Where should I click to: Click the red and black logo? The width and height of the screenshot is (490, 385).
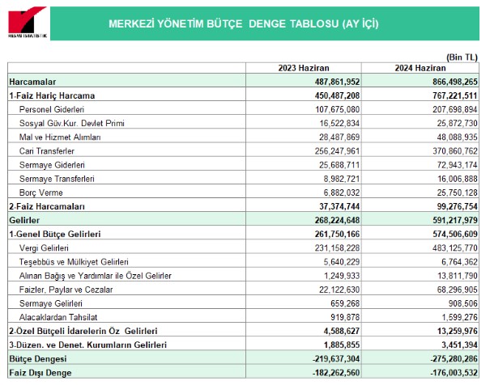coord(28,22)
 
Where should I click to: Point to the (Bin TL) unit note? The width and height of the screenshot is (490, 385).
coord(462,57)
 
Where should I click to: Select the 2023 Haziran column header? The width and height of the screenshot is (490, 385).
coord(304,68)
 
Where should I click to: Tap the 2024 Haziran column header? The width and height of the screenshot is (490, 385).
coord(420,68)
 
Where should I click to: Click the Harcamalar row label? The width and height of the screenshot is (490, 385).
coord(32,82)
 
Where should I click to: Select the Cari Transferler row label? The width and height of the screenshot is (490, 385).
coord(47,151)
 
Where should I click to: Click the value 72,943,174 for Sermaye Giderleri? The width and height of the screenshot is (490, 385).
coord(457,165)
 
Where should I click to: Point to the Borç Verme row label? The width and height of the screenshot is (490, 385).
coord(41,192)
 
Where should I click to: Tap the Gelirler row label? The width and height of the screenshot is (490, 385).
coord(24,220)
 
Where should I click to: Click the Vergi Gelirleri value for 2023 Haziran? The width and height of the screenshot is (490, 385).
coord(338,248)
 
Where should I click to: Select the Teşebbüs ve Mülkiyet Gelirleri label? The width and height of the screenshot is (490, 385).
coord(74,262)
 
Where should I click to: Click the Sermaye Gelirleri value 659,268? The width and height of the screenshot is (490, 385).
coord(345,303)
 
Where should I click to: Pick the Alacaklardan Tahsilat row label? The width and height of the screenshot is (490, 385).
coord(58,317)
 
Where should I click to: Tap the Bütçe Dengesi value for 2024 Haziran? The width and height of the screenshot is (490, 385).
coord(454,359)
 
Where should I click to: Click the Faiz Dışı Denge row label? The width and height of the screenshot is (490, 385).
coord(40,373)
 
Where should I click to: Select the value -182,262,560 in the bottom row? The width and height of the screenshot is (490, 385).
coord(336,373)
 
